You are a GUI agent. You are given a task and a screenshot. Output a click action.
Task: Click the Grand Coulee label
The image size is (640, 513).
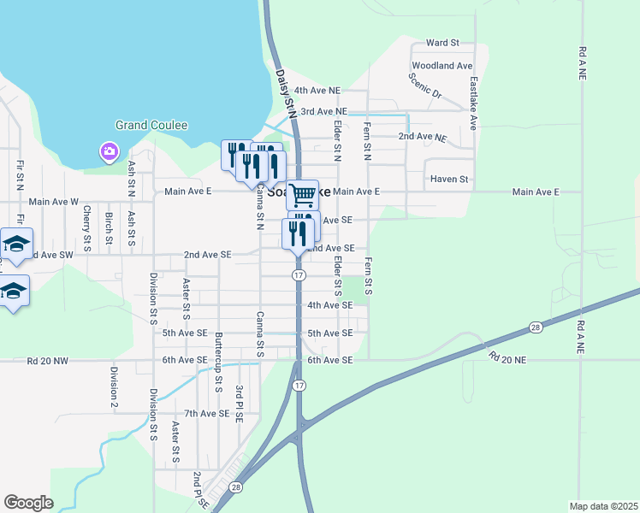151,125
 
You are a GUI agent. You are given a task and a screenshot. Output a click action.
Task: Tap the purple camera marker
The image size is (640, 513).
109,152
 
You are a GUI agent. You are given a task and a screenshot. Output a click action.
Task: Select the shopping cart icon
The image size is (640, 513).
302,196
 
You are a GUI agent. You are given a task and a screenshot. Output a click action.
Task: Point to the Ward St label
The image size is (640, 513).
442,43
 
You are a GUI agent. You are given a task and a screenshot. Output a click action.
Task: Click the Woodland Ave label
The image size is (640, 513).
441,66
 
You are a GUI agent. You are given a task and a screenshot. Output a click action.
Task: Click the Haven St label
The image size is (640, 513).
450,180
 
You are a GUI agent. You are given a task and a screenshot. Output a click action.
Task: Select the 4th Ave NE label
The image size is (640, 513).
317,90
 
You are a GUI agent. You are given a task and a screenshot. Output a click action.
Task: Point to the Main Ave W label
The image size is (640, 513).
53,202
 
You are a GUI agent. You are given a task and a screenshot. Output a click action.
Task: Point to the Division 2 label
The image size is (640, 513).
113,386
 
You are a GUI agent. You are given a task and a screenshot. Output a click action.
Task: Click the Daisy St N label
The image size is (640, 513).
285,93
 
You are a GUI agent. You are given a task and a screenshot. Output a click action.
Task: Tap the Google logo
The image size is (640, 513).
28,503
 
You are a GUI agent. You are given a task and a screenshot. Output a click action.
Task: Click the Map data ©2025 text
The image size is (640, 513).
604,506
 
